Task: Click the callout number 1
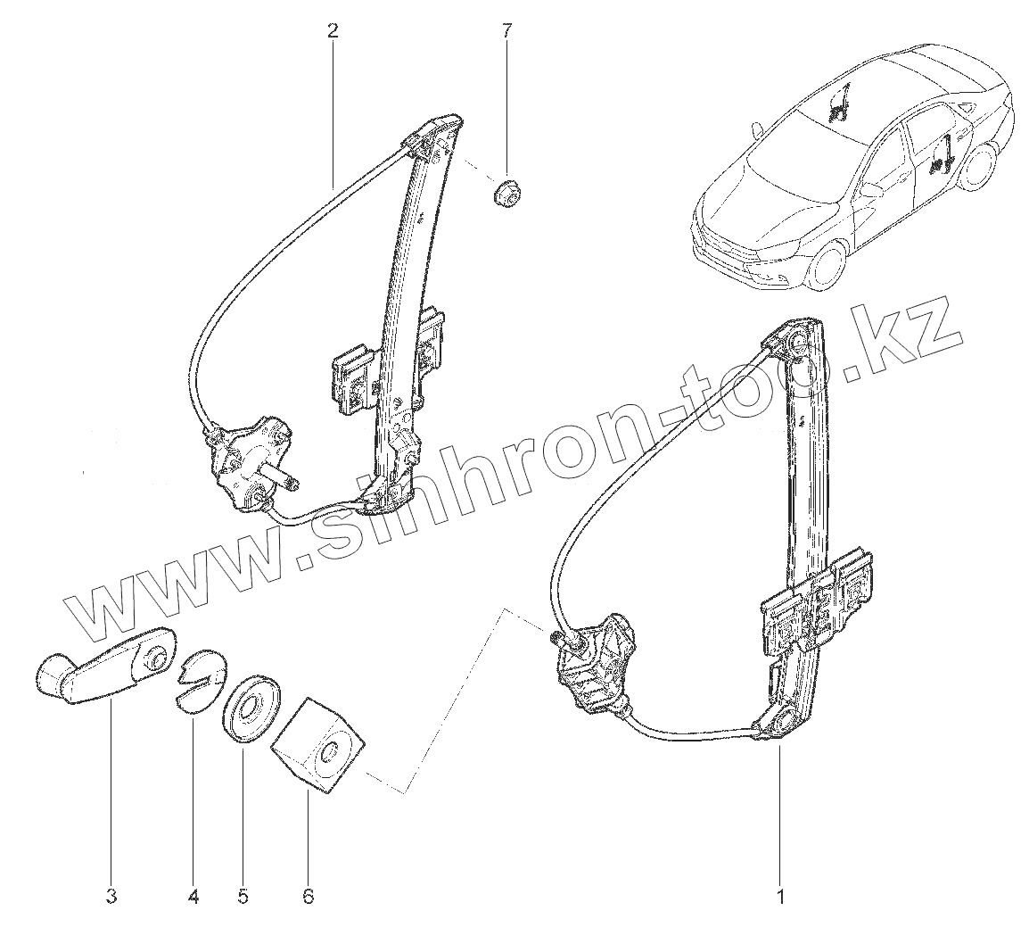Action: click(781, 895)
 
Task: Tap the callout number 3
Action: click(111, 895)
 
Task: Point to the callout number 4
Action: click(193, 895)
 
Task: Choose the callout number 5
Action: click(243, 895)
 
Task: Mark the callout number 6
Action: click(309, 895)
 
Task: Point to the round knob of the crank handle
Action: click(53, 675)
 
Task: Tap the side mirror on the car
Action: click(869, 189)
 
